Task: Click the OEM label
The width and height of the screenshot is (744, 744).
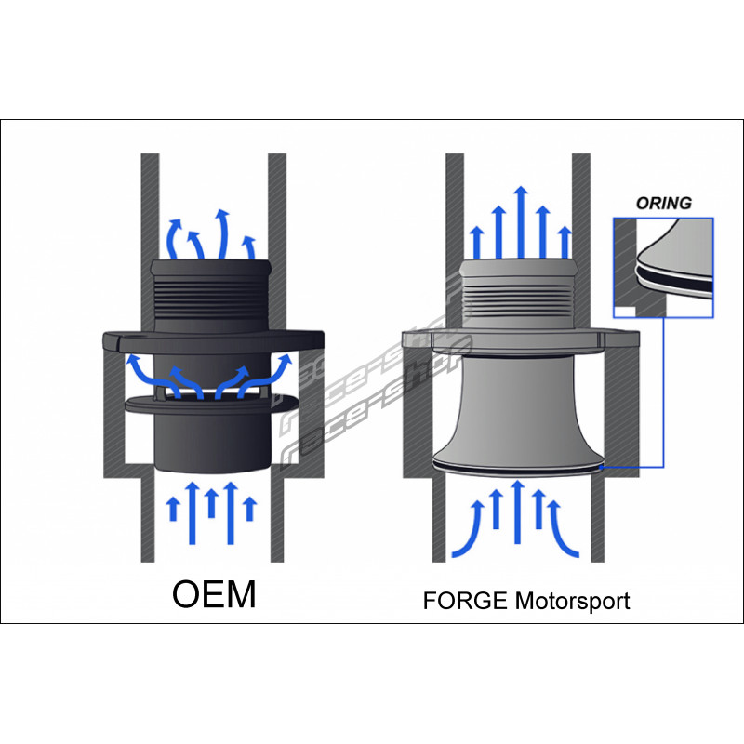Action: pyautogui.click(x=213, y=595)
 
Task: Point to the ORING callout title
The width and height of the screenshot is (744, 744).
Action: pyautogui.click(x=664, y=202)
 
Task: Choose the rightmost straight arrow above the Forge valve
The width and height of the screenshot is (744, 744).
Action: pyautogui.click(x=564, y=242)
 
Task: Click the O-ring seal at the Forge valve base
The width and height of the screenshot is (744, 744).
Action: pyautogui.click(x=519, y=469)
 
